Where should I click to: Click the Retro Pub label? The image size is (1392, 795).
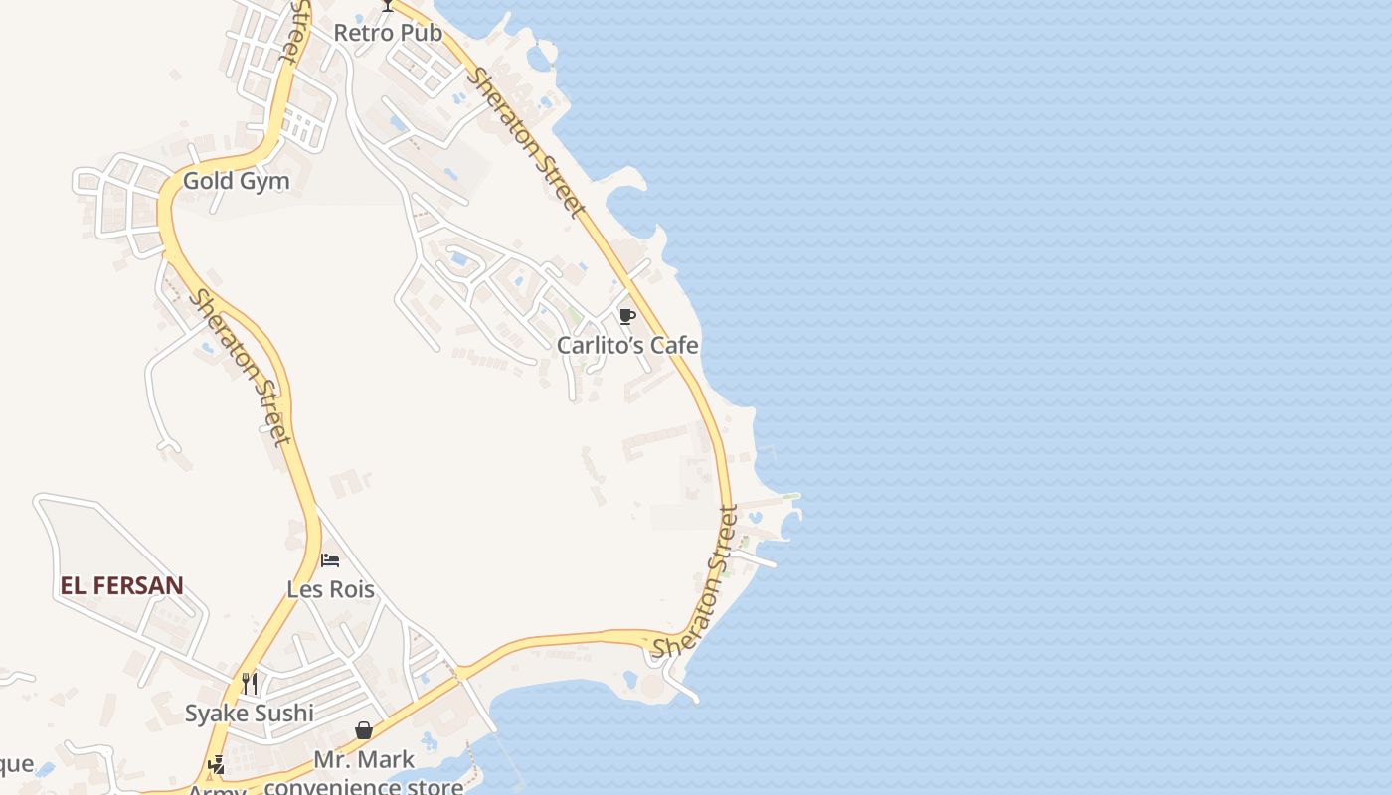[x=388, y=33]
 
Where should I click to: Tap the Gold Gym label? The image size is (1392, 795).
[x=237, y=181]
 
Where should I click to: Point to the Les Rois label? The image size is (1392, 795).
[x=330, y=589]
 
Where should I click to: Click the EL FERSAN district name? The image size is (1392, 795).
[x=121, y=585]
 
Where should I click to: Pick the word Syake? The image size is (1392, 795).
[x=217, y=713]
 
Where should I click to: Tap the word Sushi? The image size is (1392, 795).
[x=284, y=713]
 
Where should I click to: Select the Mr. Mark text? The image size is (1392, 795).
[x=364, y=760]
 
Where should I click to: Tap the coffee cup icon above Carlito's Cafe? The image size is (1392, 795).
[x=626, y=317]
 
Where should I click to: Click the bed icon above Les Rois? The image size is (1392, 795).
[x=330, y=560]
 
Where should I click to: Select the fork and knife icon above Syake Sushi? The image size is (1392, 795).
[x=250, y=683]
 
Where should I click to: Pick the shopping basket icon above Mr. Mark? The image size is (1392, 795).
[x=364, y=731]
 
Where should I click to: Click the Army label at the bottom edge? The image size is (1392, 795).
[x=217, y=789]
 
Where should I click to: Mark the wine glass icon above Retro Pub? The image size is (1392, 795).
[x=388, y=5]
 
